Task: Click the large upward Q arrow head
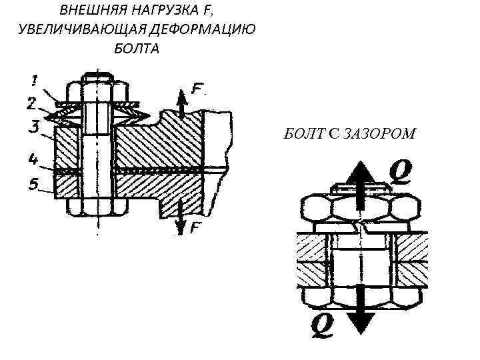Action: [x=359, y=174]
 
